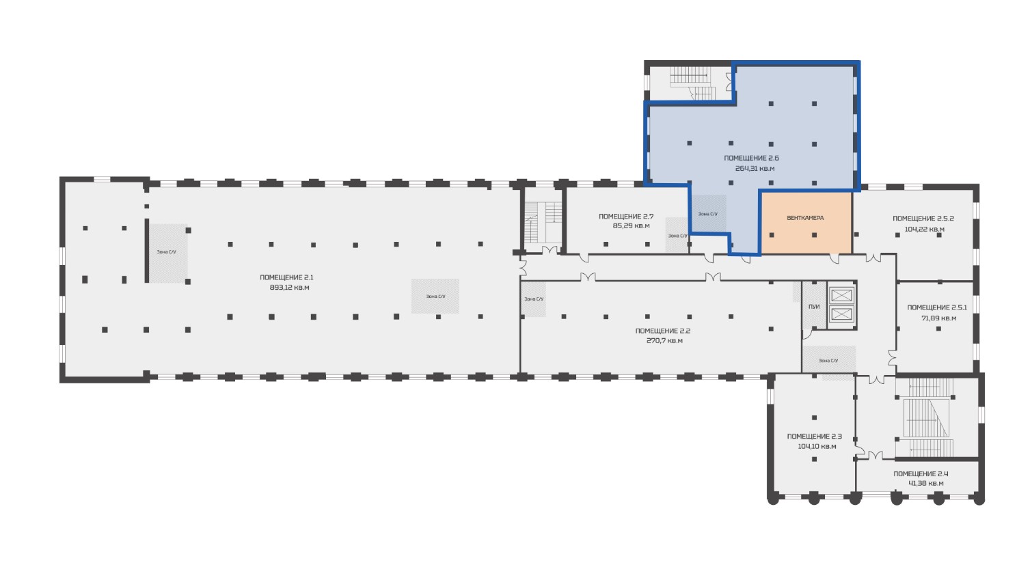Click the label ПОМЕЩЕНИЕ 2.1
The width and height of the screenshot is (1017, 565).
click(x=286, y=277)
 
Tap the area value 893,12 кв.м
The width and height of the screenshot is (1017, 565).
click(x=289, y=287)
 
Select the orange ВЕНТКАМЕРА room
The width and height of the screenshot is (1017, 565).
click(x=806, y=223)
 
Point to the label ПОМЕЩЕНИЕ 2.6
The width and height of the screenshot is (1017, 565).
click(x=751, y=158)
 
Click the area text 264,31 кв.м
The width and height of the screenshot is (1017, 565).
click(x=755, y=168)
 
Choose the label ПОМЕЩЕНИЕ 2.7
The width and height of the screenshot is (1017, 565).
click(x=626, y=217)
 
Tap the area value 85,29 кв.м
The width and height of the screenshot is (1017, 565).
click(x=631, y=225)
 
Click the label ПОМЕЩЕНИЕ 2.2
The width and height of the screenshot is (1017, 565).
click(x=663, y=331)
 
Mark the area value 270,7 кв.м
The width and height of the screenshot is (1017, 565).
click(x=664, y=340)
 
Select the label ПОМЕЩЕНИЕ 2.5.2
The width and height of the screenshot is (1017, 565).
click(x=923, y=219)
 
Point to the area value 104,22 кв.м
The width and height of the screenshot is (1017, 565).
click(x=924, y=229)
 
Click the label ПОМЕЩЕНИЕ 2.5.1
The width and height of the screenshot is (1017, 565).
click(x=937, y=307)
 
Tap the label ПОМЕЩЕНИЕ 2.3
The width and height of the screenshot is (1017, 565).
click(x=815, y=436)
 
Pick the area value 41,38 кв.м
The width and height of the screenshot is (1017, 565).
click(x=925, y=483)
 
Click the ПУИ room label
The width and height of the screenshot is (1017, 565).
click(x=814, y=307)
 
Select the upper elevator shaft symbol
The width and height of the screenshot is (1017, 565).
click(x=842, y=296)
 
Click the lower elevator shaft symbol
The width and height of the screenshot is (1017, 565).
click(x=842, y=314)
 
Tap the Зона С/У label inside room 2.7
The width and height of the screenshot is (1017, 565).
click(x=677, y=236)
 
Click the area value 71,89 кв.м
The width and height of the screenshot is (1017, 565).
click(x=938, y=318)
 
